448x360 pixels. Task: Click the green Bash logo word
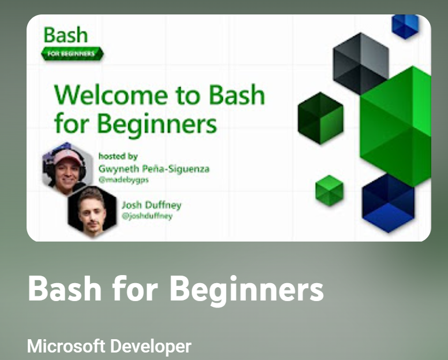click(66, 35)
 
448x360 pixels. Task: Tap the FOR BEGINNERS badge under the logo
click(72, 54)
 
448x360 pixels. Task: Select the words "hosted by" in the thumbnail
click(118, 156)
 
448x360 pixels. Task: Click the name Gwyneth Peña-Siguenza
click(154, 169)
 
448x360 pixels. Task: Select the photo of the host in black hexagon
click(92, 211)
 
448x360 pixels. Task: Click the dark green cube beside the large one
click(320, 118)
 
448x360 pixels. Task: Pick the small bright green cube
click(330, 191)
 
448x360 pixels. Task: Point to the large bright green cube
click(398, 124)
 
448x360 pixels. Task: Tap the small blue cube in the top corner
click(405, 25)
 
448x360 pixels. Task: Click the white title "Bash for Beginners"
click(176, 288)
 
